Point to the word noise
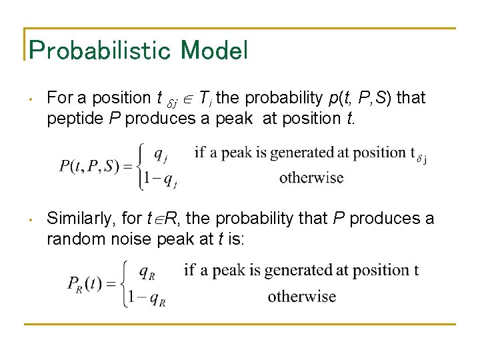click(135, 239)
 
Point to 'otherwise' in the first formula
click(311, 177)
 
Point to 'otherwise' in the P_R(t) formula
click(301, 297)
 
